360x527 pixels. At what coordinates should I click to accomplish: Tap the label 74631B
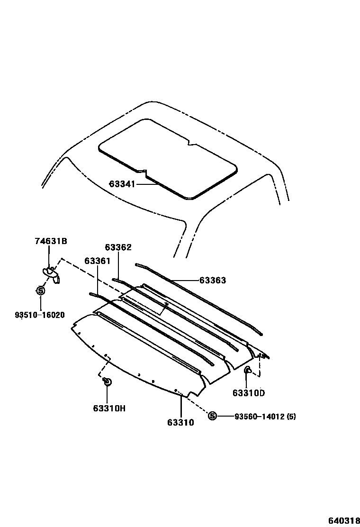coord(51,241)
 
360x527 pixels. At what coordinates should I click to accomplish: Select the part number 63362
coord(118,247)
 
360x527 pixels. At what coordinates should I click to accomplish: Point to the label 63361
coord(98,261)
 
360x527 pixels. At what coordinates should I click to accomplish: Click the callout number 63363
coord(212,280)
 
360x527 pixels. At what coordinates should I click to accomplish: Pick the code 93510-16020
coord(40,315)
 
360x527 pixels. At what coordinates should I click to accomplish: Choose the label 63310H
coord(108,408)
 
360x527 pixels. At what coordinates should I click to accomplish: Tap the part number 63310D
coord(249,392)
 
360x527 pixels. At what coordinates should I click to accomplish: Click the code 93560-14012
coord(259,417)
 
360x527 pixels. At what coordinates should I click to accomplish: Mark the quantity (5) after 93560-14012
coord(291,417)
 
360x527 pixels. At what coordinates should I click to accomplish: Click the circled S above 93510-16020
coord(40,291)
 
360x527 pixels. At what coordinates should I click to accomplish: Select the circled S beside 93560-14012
coord(212,416)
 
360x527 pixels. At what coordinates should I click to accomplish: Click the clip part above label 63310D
coord(248,371)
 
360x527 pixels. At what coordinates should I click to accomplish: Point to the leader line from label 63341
coord(147,184)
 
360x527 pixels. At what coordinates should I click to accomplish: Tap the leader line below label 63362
coord(118,265)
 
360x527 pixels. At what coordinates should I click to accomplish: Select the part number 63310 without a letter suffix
coord(180,422)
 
